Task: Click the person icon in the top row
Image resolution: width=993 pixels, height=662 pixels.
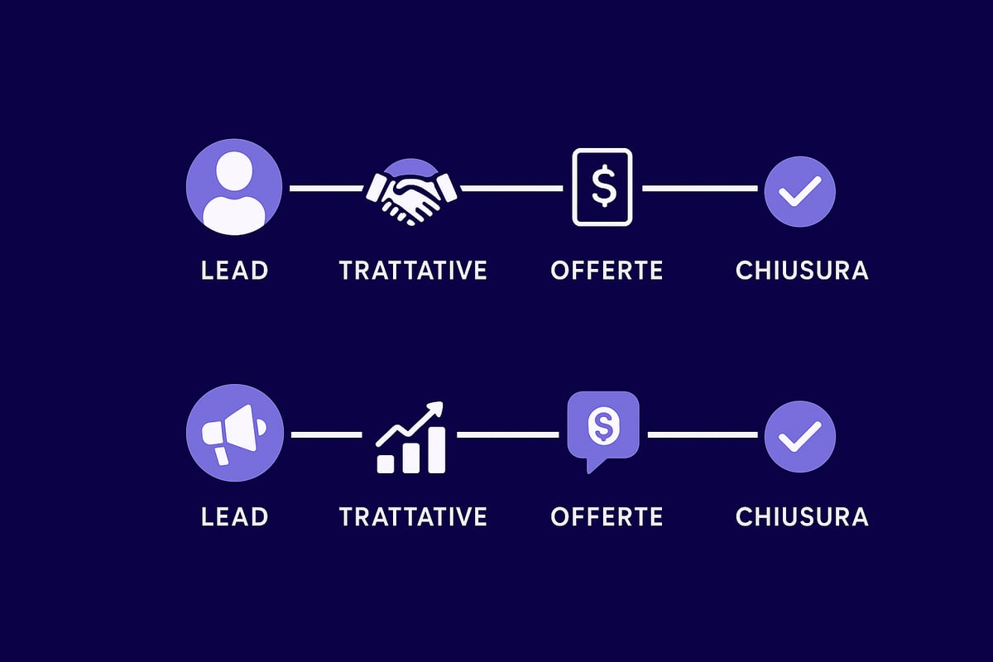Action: point(234,187)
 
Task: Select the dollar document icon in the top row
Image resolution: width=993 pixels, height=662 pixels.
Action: point(602,187)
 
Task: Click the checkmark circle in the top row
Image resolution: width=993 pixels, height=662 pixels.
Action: point(800,191)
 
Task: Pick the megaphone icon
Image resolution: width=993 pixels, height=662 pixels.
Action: point(234,433)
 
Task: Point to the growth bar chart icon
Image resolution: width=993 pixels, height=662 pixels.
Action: point(410,437)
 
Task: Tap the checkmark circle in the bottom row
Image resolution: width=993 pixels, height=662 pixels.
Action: point(800,436)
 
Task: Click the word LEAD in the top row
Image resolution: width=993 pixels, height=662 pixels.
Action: point(234,270)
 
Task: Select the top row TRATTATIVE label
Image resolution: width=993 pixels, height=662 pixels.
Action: point(413,270)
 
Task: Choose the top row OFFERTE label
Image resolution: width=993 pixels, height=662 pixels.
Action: point(607,270)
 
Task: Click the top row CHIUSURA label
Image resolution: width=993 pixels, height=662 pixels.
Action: point(802,270)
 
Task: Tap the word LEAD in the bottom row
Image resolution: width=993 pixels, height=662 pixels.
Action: point(234,516)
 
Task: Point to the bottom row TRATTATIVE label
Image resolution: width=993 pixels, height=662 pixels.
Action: point(413,516)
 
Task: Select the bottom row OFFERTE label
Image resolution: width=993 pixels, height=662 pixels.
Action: point(607,516)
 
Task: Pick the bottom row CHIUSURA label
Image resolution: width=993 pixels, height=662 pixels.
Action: point(802,516)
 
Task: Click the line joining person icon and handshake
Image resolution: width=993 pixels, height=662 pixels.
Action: point(327,189)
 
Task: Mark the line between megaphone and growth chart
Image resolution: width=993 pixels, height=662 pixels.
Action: point(327,435)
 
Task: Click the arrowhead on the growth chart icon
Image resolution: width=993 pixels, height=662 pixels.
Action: point(437,407)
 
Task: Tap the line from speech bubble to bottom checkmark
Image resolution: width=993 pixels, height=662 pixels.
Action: point(703,435)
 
